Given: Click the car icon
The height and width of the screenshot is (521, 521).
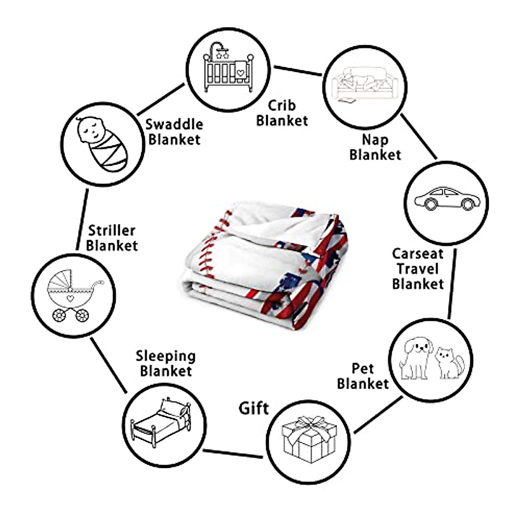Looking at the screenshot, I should tap(447, 199).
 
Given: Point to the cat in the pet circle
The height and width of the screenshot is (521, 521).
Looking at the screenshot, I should tap(449, 363).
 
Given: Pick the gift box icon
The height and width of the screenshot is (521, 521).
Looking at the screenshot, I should tap(309, 439).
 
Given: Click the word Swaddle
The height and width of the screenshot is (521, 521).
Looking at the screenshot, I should tap(174, 125).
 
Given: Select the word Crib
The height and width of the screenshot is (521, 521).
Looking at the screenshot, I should tap(281, 106).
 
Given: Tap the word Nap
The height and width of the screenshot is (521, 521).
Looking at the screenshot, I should tap(375, 140).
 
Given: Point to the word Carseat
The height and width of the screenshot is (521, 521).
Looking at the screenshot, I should tap(418, 254).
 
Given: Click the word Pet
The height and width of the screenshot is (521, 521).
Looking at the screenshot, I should tap(363, 369).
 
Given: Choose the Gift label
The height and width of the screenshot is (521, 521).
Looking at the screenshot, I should tap(254, 408).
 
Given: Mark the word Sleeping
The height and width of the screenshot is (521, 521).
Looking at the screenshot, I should tap(165, 356).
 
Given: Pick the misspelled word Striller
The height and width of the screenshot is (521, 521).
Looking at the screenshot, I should tap(112, 230).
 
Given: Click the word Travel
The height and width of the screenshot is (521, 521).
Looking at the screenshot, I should tap(418, 269).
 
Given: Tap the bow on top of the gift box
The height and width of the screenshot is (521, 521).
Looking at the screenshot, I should tap(309, 422).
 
